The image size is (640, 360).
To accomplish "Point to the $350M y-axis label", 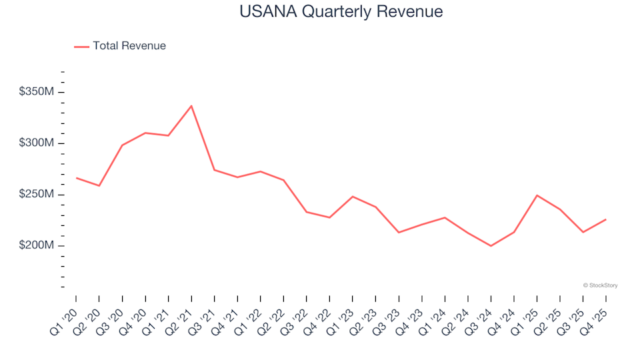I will [37, 92].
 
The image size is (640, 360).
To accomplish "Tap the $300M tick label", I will [37, 143].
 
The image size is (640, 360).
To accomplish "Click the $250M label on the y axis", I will [37, 195].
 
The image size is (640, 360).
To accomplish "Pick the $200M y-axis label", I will [37, 246].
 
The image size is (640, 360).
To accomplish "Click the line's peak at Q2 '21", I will [191, 105].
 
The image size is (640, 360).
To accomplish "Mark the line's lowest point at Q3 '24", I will [491, 246].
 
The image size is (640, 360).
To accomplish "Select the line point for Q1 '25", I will [537, 195].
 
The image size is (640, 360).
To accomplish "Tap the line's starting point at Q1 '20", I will [76, 178].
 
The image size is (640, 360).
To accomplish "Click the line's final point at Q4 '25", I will [605, 219].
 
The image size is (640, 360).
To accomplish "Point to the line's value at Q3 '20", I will [122, 145].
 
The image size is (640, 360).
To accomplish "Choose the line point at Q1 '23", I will [352, 197].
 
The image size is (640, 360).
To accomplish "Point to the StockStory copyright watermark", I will [600, 285].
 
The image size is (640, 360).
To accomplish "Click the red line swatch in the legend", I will [81, 46].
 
